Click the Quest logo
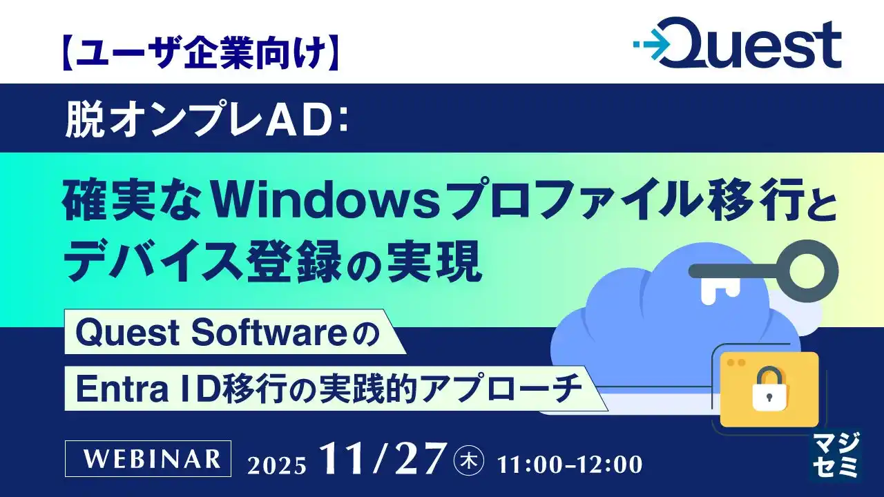pos(737,45)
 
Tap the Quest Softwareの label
pos(228,333)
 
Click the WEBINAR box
pos(147,458)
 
